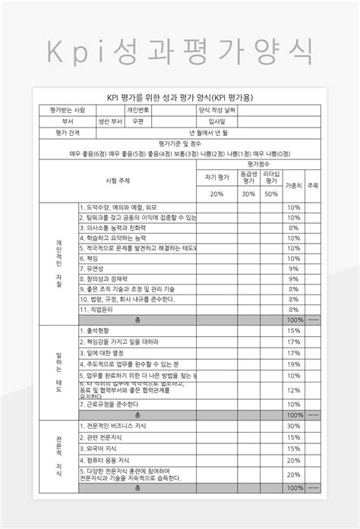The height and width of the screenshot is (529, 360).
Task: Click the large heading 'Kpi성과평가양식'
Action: [x=180, y=52]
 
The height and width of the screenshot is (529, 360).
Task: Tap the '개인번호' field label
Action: [x=137, y=109]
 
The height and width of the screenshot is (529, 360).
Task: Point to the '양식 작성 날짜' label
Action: [x=216, y=109]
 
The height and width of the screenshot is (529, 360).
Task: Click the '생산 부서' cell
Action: [x=109, y=121]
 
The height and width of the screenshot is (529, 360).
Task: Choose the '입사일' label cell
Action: [x=216, y=121]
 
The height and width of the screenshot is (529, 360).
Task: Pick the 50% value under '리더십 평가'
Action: [x=270, y=194]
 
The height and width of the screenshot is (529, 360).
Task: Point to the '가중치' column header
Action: [x=293, y=185]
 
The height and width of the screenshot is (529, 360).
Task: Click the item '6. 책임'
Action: [x=90, y=258]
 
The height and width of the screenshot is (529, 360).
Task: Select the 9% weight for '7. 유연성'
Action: [x=293, y=269]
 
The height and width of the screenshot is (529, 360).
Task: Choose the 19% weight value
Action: [x=293, y=364]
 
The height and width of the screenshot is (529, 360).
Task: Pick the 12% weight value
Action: [x=293, y=390]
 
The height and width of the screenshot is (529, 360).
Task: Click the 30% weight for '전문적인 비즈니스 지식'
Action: [x=293, y=426]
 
